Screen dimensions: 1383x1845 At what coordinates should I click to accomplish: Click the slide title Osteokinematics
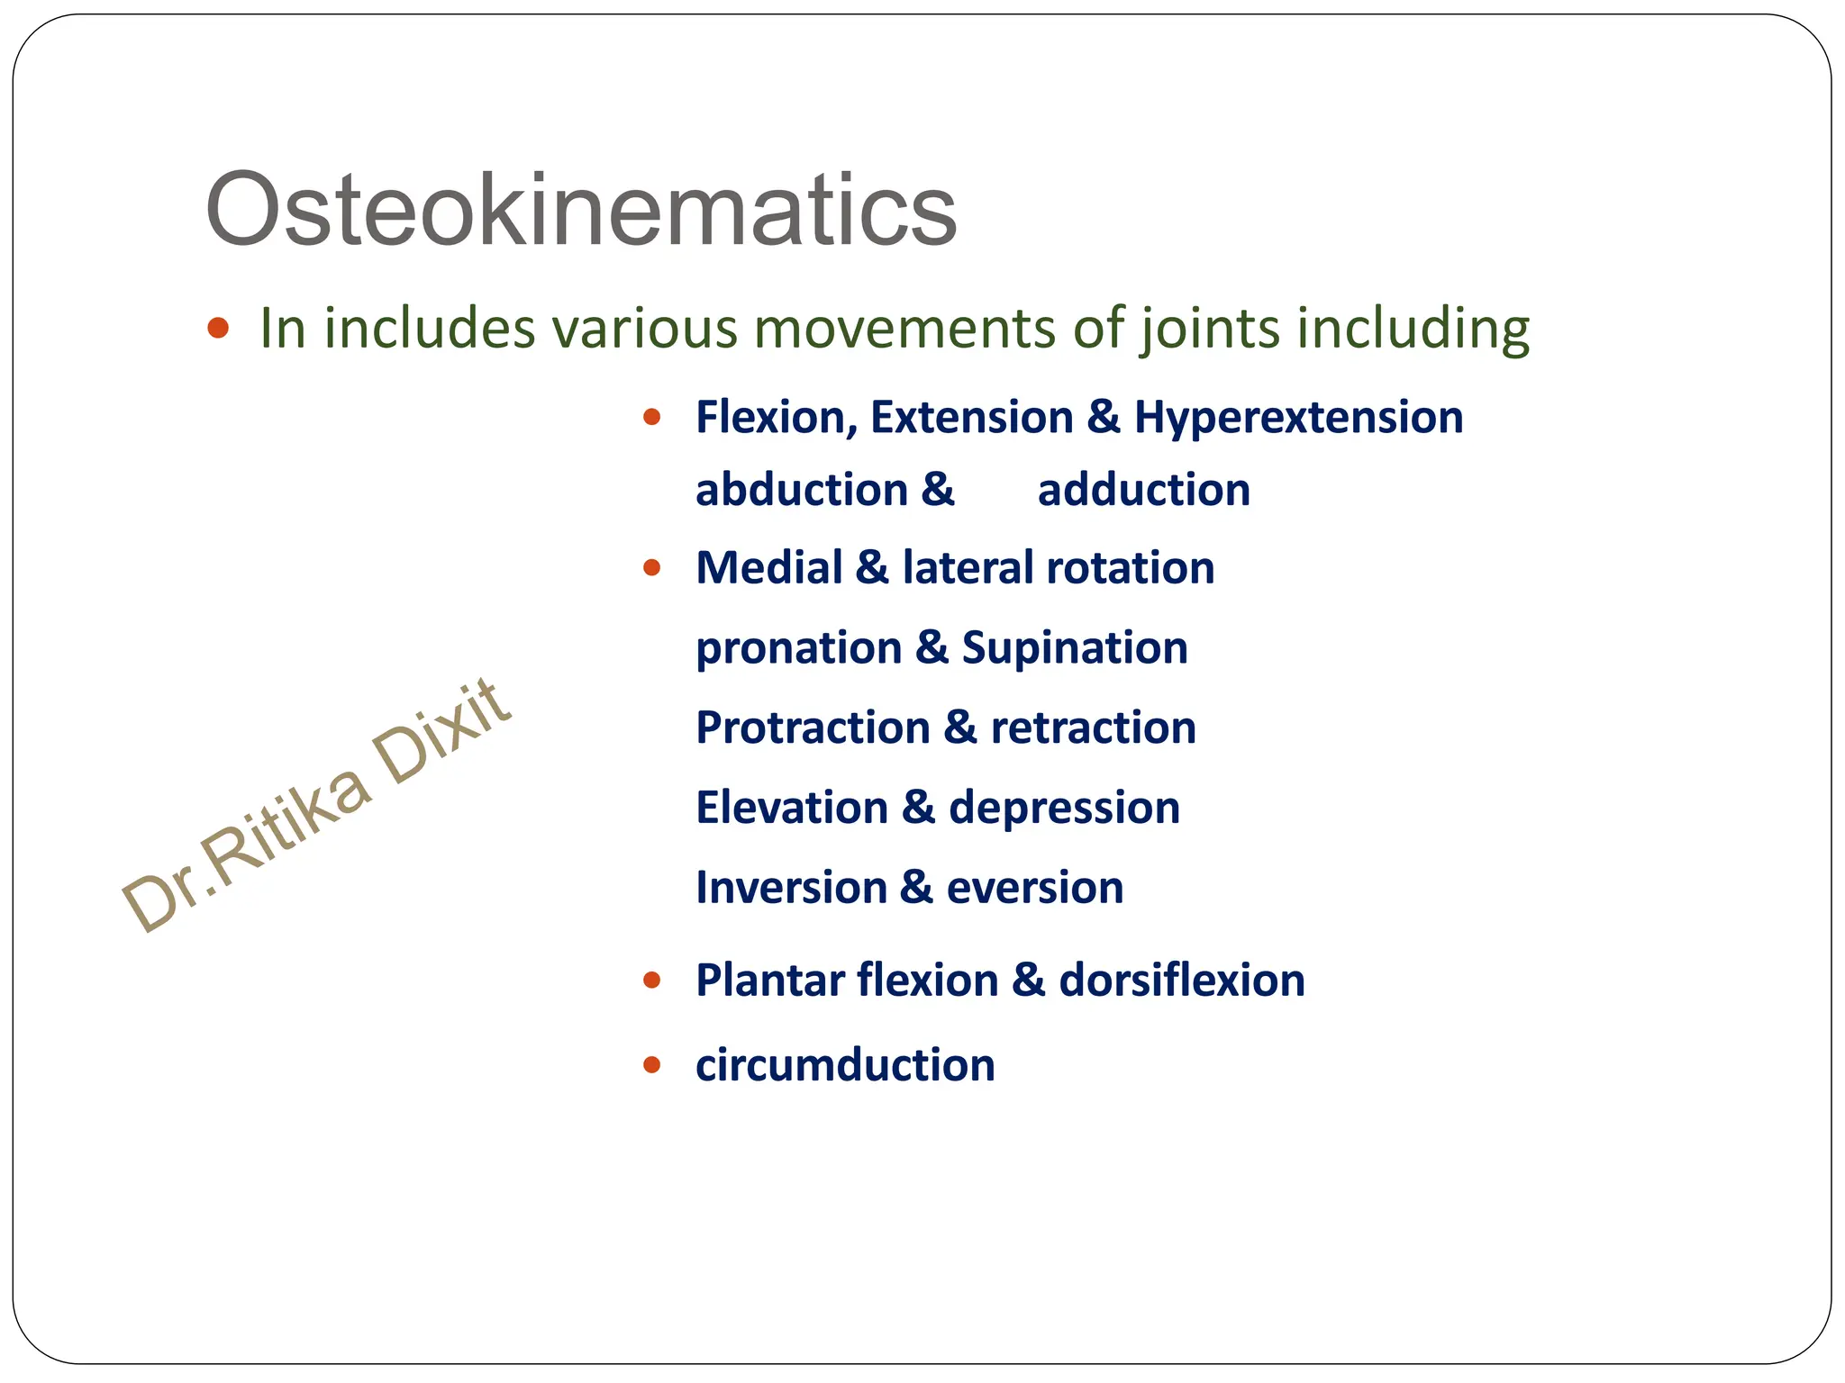(x=581, y=210)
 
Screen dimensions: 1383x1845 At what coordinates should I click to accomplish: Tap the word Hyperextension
(x=1298, y=418)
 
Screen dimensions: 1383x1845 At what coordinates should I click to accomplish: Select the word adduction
(x=1143, y=491)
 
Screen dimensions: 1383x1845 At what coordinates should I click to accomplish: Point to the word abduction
(x=801, y=491)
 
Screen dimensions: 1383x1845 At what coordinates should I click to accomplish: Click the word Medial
(x=768, y=568)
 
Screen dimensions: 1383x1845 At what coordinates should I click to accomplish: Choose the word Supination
(x=1075, y=648)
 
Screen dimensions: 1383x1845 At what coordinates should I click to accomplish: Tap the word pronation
(x=798, y=648)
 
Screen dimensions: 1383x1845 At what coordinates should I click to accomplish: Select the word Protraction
(x=813, y=728)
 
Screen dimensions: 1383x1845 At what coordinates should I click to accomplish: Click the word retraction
(x=1093, y=728)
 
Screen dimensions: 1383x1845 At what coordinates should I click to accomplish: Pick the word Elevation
(x=791, y=808)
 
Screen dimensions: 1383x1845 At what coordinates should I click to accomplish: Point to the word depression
(x=1064, y=808)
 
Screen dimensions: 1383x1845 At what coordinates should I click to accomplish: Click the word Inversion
(x=790, y=888)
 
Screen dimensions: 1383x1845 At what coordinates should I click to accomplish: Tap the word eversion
(x=1035, y=888)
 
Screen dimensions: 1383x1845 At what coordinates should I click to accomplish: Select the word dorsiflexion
(x=1181, y=981)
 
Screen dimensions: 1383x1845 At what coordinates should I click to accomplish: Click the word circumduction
(x=845, y=1065)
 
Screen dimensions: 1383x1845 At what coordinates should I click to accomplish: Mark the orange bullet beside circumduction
(x=652, y=1066)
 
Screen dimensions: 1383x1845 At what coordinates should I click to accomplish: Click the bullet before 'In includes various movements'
(x=217, y=327)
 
